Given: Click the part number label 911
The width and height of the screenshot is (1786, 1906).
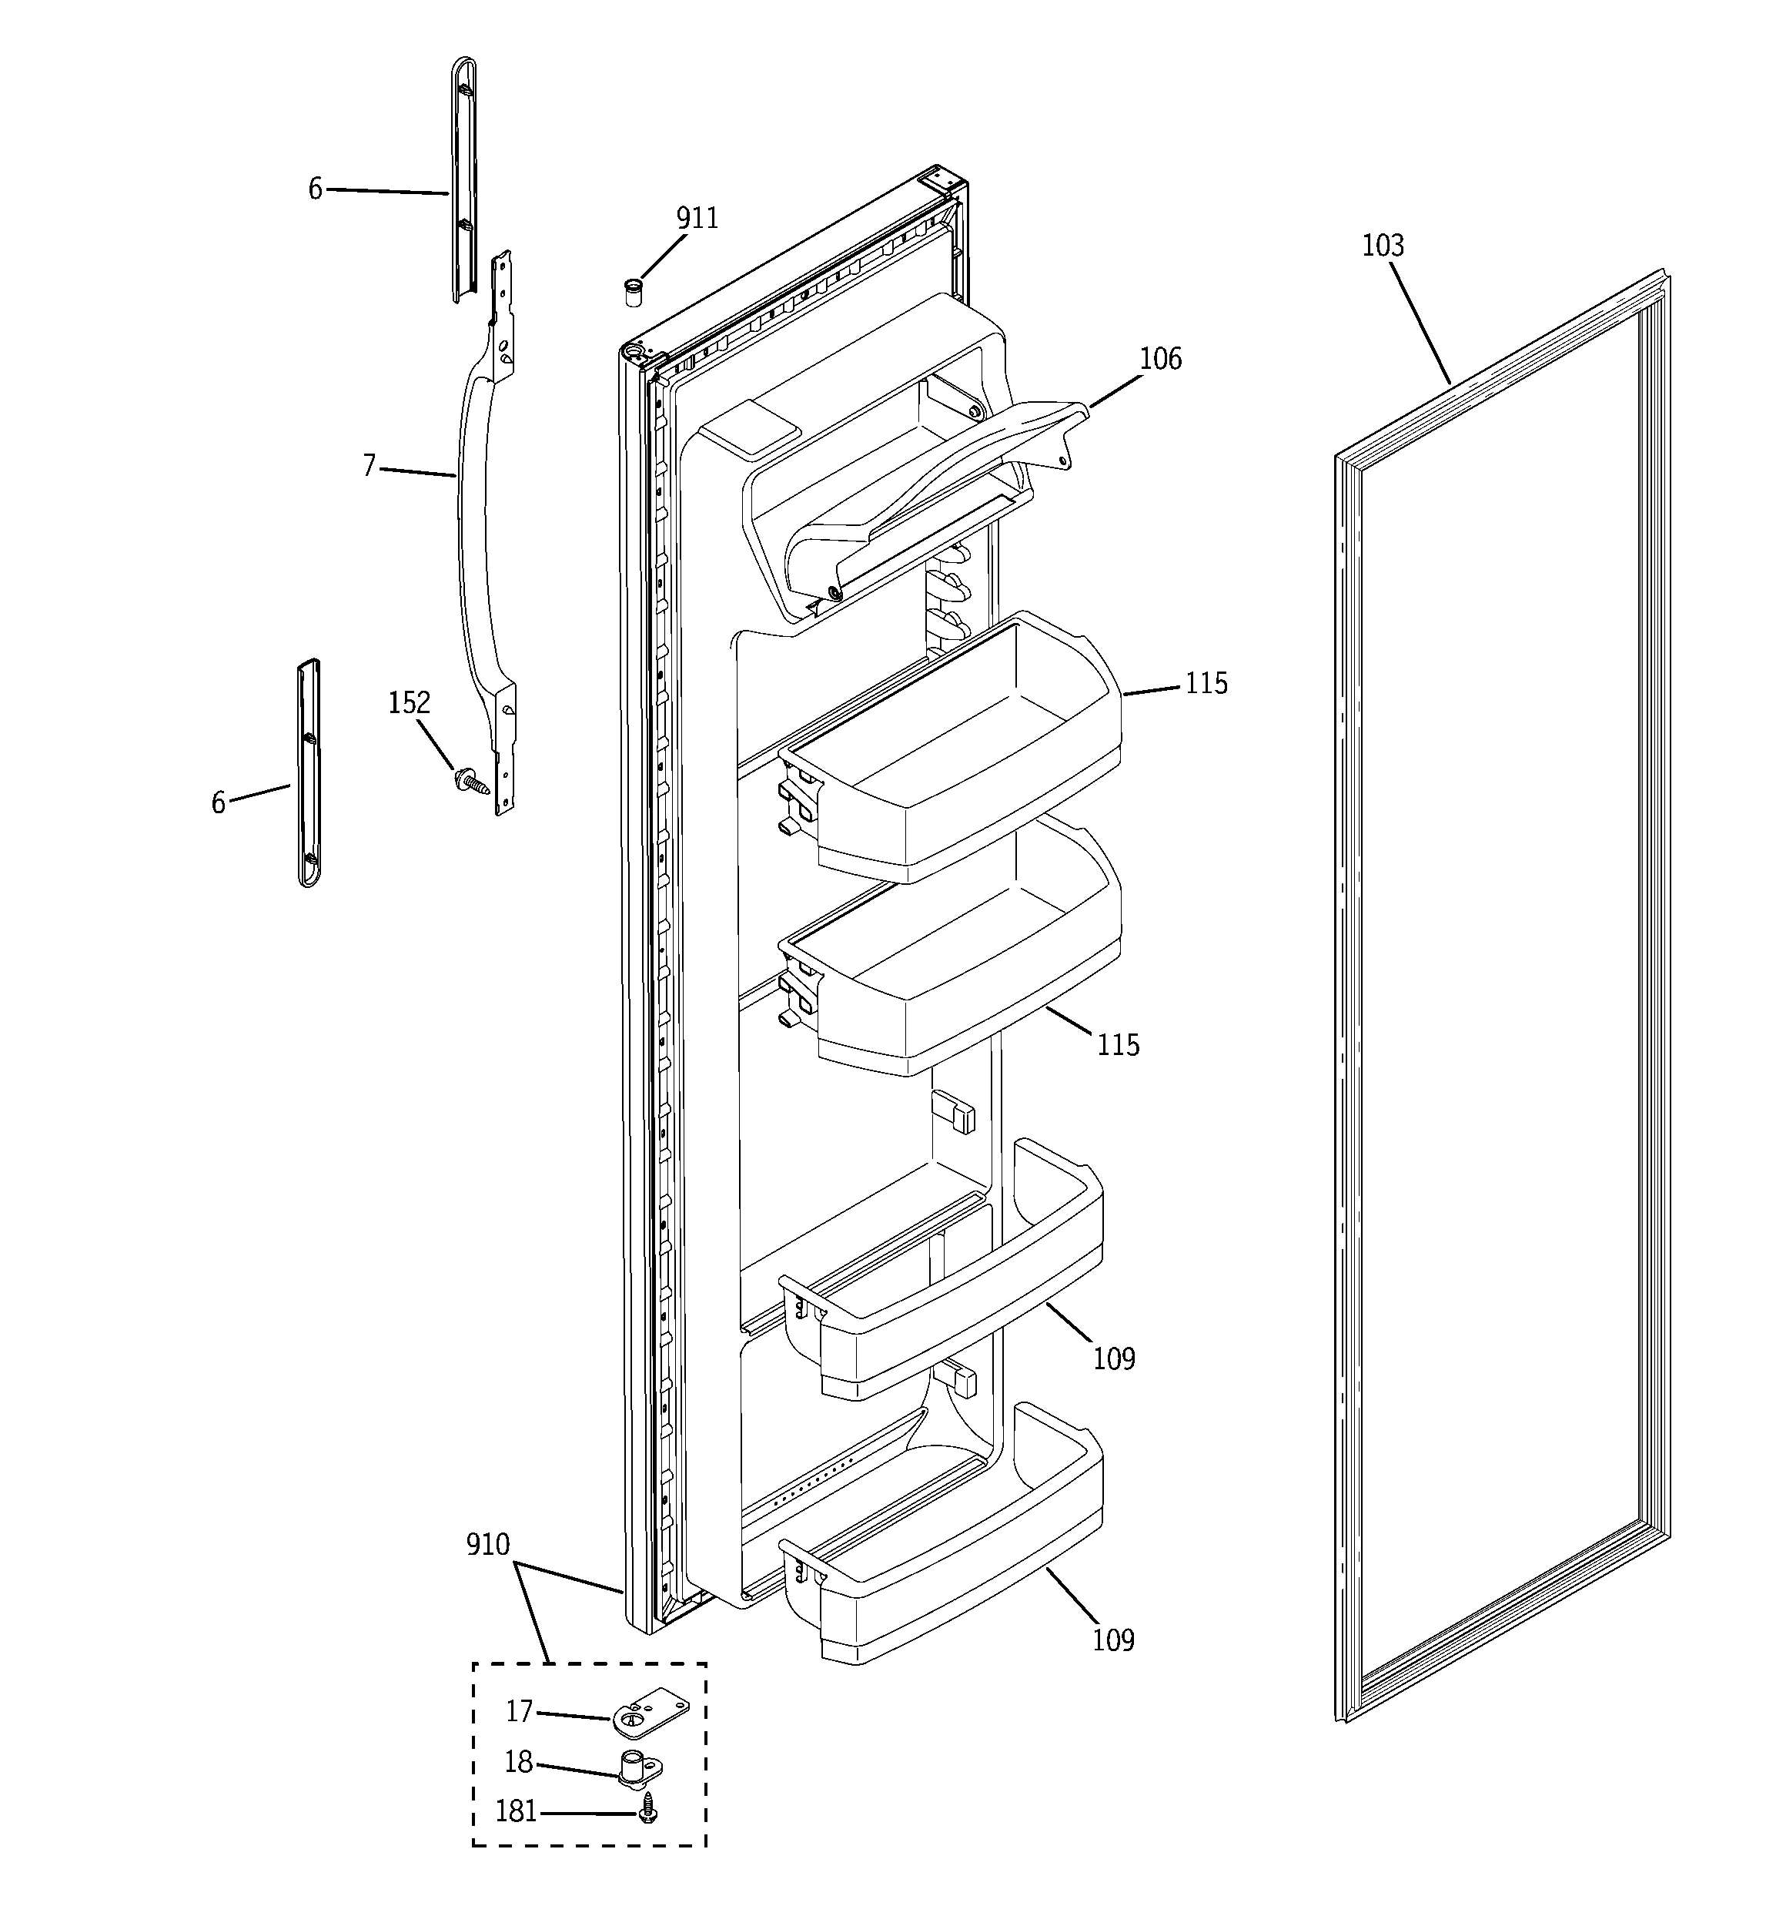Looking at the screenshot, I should click(x=697, y=219).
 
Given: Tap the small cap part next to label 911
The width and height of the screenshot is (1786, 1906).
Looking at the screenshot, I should click(x=633, y=290).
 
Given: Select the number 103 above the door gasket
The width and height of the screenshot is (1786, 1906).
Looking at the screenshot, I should click(x=1383, y=246).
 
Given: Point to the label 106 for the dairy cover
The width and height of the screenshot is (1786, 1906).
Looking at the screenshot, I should click(x=1160, y=359).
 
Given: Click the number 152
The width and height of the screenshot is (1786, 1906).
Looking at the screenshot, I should click(x=408, y=703).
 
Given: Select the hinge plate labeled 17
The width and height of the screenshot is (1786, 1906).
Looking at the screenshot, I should click(x=650, y=1713).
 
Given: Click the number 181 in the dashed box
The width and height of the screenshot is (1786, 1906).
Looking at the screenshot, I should click(x=516, y=1811).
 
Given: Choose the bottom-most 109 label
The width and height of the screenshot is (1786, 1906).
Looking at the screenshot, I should click(x=1113, y=1640).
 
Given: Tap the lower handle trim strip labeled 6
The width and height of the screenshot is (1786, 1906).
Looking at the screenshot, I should click(x=309, y=772).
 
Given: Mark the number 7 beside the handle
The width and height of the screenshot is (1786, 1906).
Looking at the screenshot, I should click(x=369, y=466).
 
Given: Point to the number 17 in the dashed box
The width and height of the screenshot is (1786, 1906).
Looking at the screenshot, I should click(x=519, y=1710).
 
